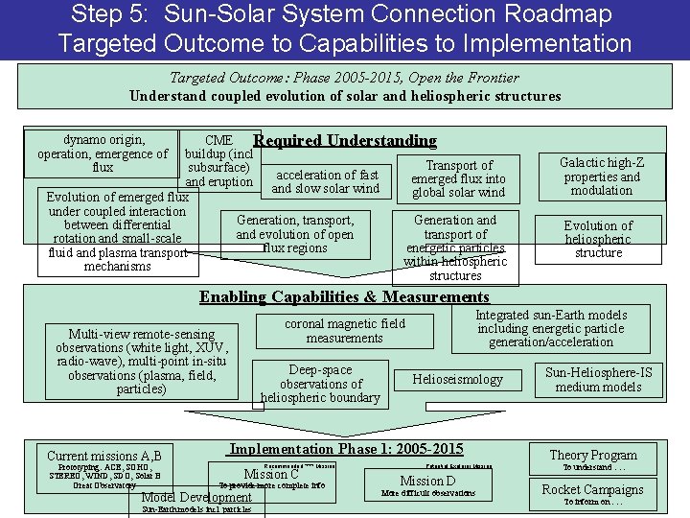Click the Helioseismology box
pyautogui.click(x=457, y=379)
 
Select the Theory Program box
pyautogui.click(x=592, y=456)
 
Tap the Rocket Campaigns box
pyautogui.click(x=592, y=489)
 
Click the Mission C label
pyautogui.click(x=271, y=473)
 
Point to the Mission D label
pyautogui.click(x=427, y=481)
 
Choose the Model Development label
pyautogui.click(x=196, y=497)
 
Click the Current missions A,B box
pyautogui.click(x=104, y=456)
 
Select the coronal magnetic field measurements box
pyautogui.click(x=344, y=331)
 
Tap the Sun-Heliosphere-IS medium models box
pyautogui.click(x=598, y=379)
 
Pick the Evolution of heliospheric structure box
pyautogui.click(x=598, y=239)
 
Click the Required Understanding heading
pyautogui.click(x=345, y=141)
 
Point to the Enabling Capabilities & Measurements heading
pyautogui.click(x=343, y=297)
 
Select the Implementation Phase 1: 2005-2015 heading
pyautogui.click(x=346, y=449)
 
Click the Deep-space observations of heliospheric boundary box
pyautogui.click(x=320, y=384)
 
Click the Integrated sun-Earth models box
pyautogui.click(x=551, y=328)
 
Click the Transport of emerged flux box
pyautogui.click(x=458, y=179)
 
